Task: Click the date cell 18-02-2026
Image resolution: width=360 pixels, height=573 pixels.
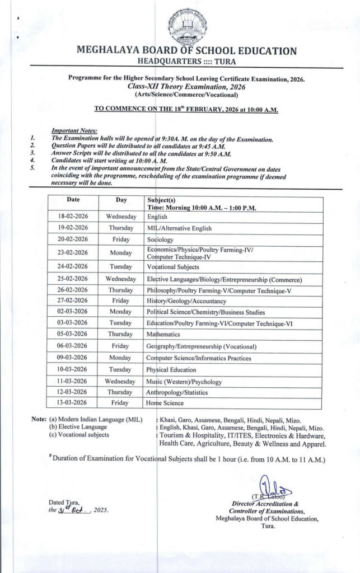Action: (73, 216)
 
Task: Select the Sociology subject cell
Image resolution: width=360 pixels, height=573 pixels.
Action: (160, 239)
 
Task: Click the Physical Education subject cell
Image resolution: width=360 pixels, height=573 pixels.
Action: (171, 369)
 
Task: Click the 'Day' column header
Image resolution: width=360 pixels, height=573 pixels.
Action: (121, 199)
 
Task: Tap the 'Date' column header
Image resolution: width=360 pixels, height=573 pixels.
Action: (73, 199)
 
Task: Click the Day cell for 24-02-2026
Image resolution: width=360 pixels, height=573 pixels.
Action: (121, 267)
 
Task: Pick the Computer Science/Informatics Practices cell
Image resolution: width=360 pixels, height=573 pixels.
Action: (199, 358)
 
